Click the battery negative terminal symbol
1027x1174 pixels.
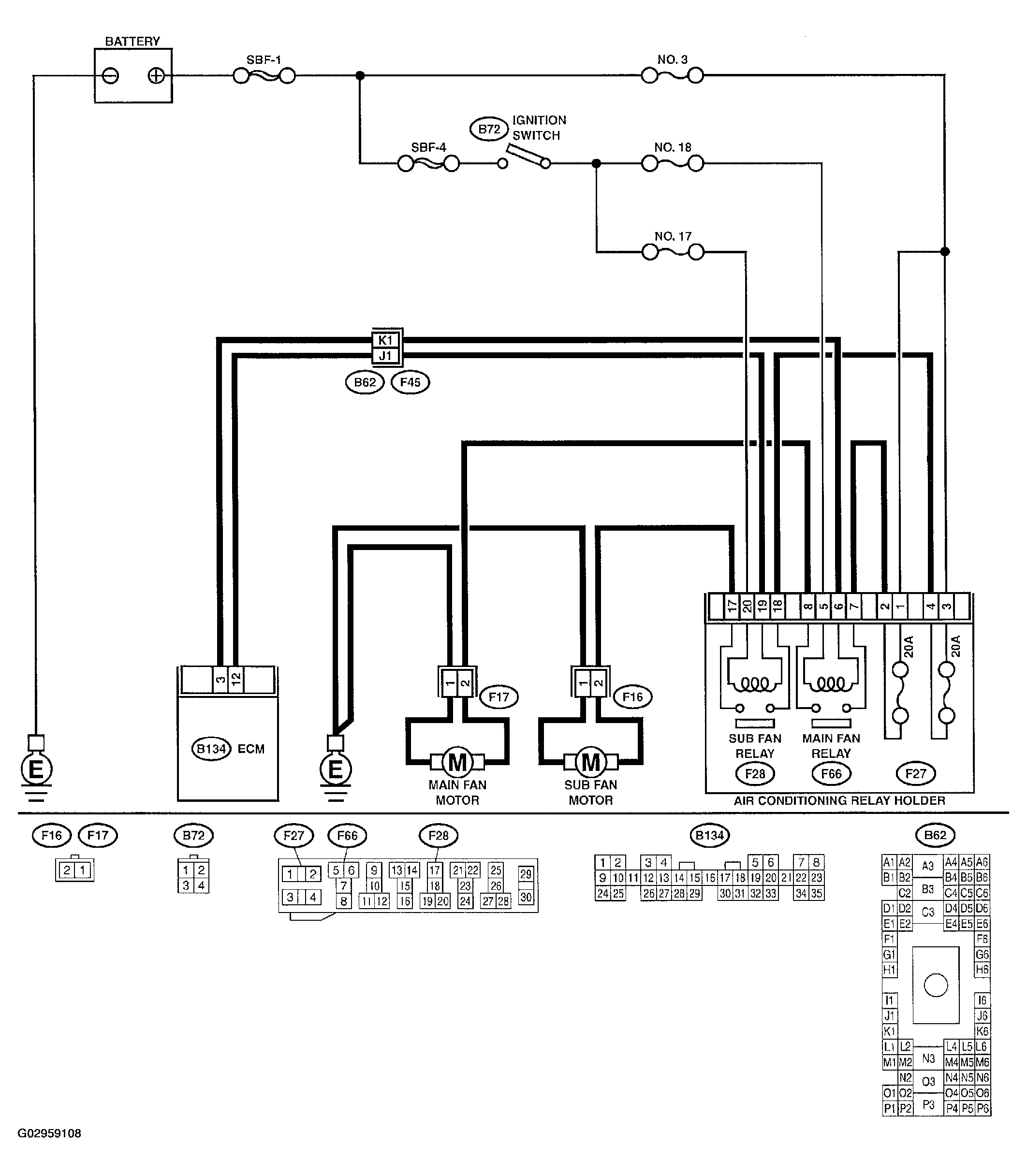111,75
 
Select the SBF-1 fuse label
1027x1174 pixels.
264,60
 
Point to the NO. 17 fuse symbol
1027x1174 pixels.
673,252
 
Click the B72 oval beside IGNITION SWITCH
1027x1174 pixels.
489,130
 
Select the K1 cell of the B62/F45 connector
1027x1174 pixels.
386,340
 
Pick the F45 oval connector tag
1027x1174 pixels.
411,382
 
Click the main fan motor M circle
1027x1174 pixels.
457,763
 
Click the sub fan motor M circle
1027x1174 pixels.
591,763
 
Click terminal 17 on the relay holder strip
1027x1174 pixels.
732,607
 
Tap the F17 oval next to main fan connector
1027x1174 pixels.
499,697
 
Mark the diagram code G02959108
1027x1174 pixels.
49,1133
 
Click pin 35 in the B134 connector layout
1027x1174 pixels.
817,893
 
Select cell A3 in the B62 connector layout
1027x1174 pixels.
928,866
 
